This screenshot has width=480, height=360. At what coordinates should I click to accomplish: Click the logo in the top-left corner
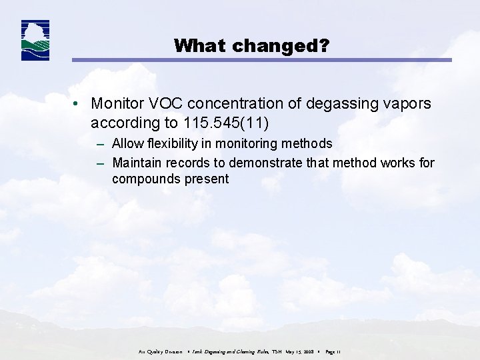[x=35, y=41]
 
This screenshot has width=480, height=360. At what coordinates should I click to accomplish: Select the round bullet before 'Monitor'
[x=78, y=104]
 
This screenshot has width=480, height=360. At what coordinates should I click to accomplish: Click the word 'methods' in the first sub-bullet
[x=310, y=143]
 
